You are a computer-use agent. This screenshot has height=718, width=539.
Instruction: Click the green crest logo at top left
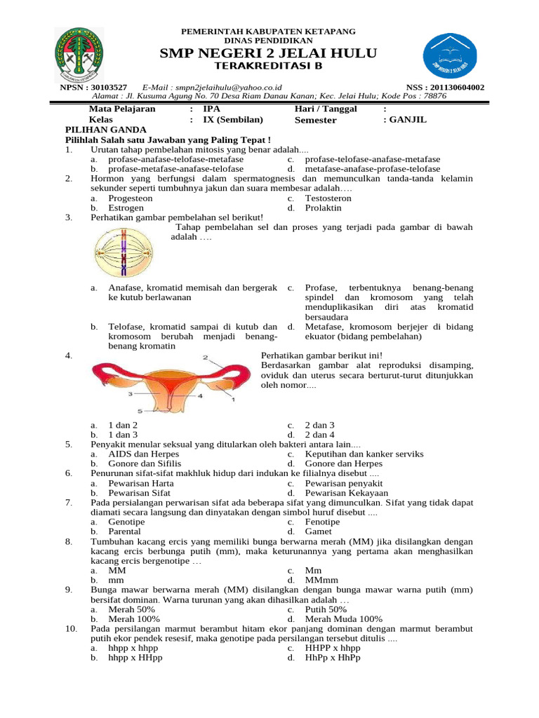tap(78, 54)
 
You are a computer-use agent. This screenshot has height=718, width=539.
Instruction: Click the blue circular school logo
tap(451, 55)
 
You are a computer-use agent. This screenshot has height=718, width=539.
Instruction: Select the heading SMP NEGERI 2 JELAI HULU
tap(269, 54)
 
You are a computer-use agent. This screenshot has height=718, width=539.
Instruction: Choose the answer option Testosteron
tap(328, 198)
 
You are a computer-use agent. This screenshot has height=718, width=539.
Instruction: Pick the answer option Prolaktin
tap(324, 208)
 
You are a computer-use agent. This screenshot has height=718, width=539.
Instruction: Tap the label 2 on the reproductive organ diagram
tap(205, 358)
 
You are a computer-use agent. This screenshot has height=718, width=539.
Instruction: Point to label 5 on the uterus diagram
tap(139, 410)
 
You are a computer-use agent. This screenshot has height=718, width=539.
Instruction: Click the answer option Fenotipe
tap(322, 522)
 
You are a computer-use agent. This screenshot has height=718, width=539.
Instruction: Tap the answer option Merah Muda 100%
tap(343, 619)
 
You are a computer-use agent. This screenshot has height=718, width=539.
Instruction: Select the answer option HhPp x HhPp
tap(332, 658)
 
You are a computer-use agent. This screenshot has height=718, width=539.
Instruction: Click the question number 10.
tap(71, 629)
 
